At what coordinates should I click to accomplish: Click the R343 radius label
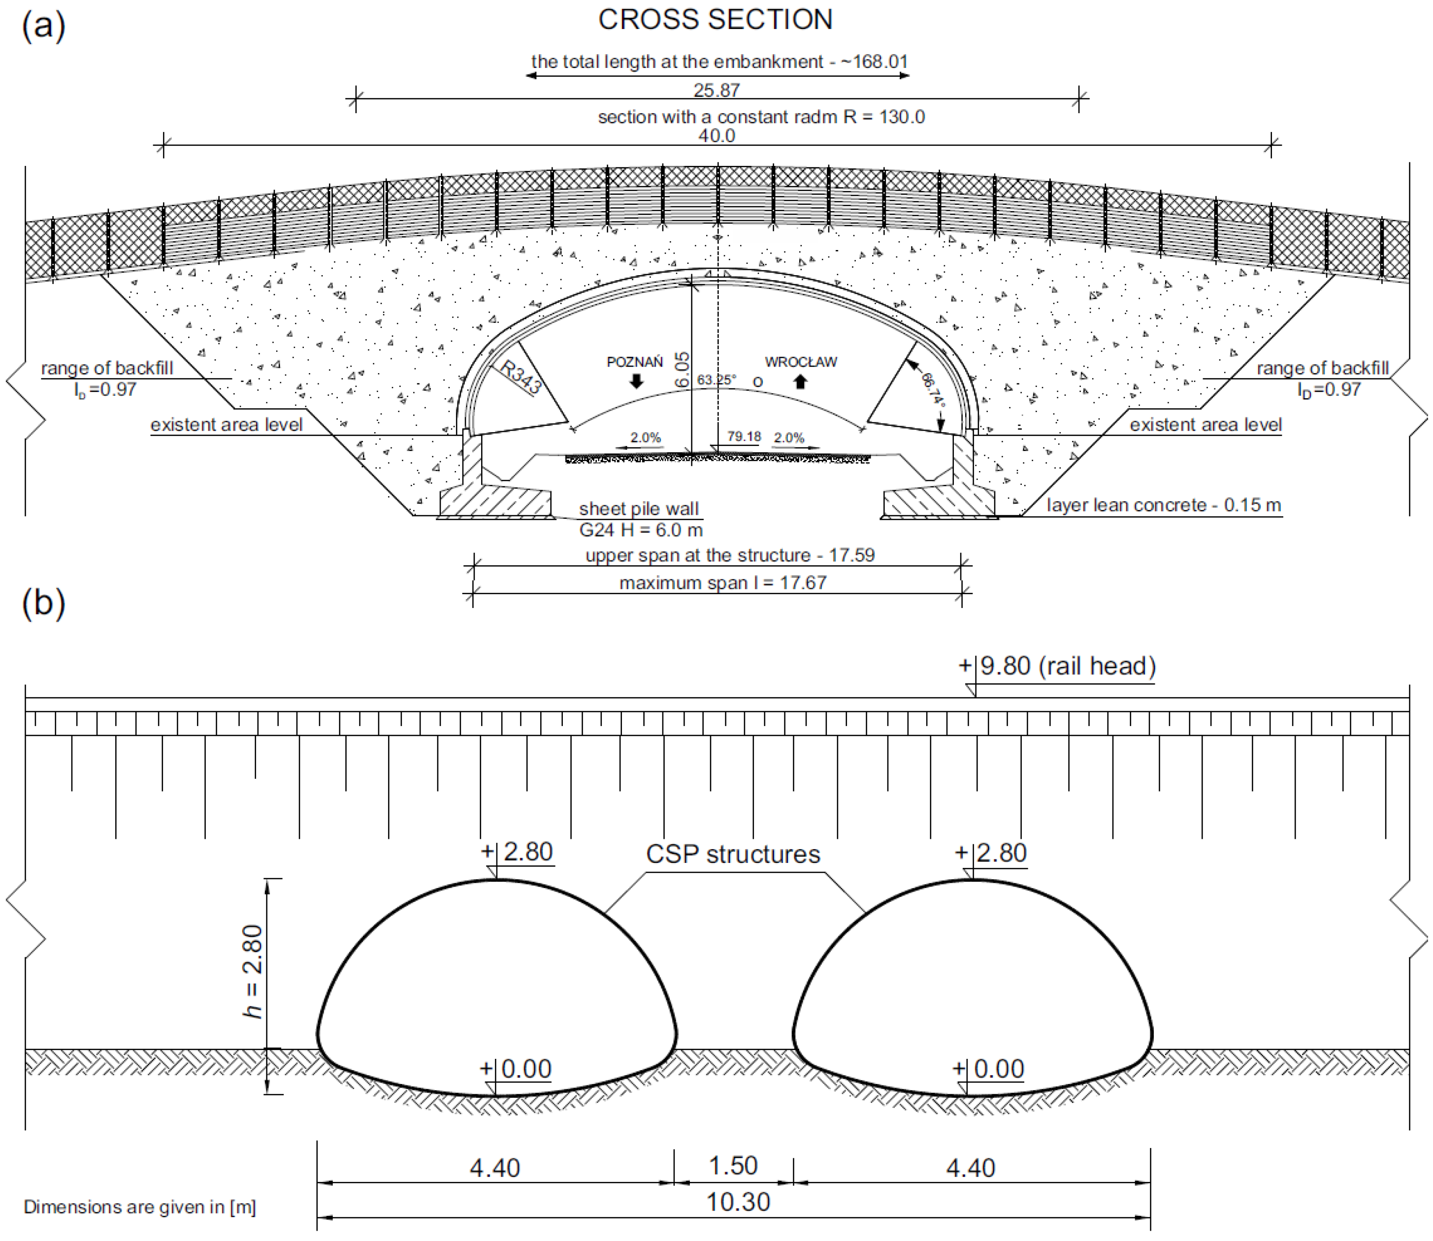point(520,378)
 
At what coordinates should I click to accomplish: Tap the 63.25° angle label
point(716,380)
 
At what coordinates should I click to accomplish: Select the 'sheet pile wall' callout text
point(639,509)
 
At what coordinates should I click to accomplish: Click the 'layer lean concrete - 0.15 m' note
point(1164,506)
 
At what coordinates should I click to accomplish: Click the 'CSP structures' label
point(733,855)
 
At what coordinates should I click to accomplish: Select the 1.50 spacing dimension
point(733,1166)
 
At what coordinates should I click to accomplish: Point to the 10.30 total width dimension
point(738,1202)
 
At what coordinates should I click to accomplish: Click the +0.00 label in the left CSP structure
point(517,1069)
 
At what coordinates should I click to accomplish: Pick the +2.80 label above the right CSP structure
point(991,853)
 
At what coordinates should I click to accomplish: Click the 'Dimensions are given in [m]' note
point(140,1207)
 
